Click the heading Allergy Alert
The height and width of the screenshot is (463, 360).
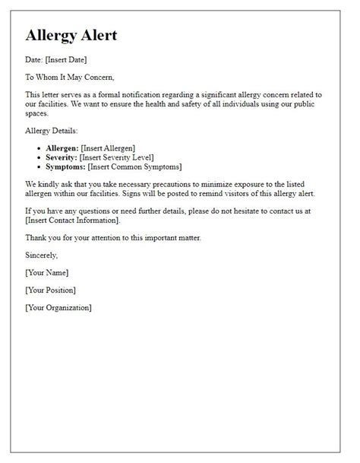click(71, 36)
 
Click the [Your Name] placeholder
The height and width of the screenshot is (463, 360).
click(47, 271)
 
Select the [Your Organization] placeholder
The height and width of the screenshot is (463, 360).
click(58, 307)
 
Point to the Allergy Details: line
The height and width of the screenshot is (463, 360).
click(53, 130)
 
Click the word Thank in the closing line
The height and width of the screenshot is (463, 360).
click(38, 237)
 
